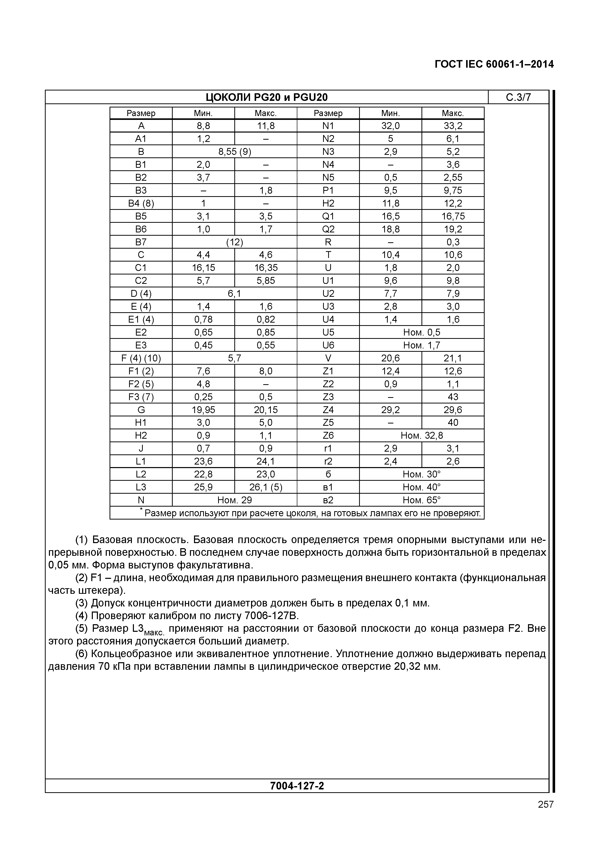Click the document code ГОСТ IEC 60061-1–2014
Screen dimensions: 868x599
[494, 64]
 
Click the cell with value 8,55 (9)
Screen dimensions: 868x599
[235, 152]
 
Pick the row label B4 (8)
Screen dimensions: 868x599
[141, 203]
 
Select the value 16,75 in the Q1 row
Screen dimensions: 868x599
[453, 216]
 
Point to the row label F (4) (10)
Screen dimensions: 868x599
[141, 358]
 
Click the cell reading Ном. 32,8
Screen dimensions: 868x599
[421, 435]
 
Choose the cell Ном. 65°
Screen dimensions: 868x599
[421, 500]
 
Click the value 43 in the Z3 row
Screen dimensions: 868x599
[453, 397]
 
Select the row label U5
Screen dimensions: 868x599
[328, 332]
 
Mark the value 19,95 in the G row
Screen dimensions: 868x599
[203, 410]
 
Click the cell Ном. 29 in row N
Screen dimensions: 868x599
[235, 500]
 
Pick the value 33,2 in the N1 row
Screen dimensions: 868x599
[453, 126]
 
